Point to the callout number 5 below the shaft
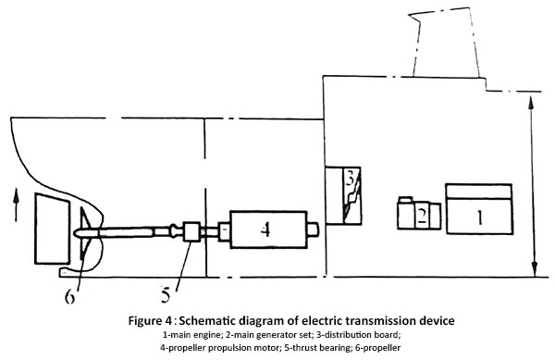coord(167,295)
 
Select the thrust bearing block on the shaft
coord(192,230)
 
